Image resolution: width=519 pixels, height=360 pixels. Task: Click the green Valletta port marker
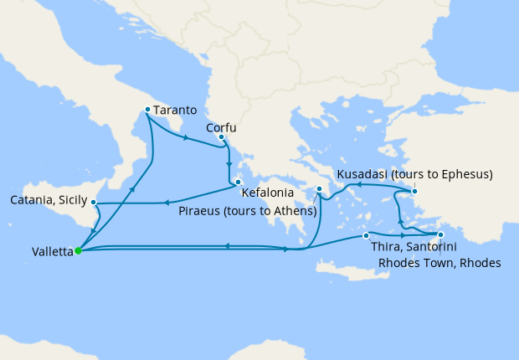click(78, 250)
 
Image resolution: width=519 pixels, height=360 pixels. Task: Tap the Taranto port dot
click(148, 110)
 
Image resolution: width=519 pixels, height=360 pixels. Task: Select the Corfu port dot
click(221, 136)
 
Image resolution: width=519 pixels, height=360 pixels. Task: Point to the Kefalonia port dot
click(238, 182)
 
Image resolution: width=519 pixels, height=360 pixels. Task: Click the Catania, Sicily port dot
click(95, 202)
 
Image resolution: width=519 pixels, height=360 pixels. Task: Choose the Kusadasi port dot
click(414, 192)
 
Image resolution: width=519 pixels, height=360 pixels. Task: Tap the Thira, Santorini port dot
click(366, 234)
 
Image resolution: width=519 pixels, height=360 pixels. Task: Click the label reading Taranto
click(177, 110)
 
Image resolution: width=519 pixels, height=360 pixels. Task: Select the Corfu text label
click(221, 128)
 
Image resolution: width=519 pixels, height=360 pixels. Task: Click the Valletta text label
click(38, 251)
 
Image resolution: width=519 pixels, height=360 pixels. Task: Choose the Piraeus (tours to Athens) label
click(247, 210)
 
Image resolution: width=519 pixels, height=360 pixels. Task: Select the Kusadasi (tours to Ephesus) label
click(414, 175)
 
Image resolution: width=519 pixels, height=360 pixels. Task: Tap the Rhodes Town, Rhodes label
click(439, 263)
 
